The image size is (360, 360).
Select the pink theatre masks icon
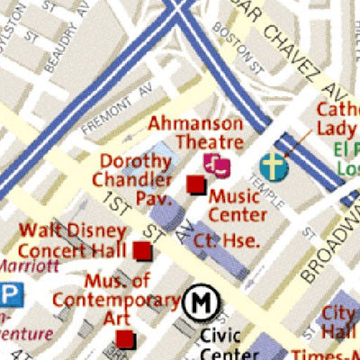pyautogui.click(x=216, y=163)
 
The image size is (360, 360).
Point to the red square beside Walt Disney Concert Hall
pyautogui.click(x=141, y=250)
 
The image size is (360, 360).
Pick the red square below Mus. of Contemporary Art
pyautogui.click(x=124, y=339)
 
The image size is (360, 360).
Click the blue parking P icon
pyautogui.click(x=10, y=295)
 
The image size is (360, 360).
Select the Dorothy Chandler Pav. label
pyautogui.click(x=136, y=178)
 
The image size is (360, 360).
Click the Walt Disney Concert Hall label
pyautogui.click(x=68, y=239)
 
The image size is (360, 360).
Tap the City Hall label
pyautogui.click(x=340, y=321)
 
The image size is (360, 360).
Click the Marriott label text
pyautogui.click(x=29, y=265)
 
